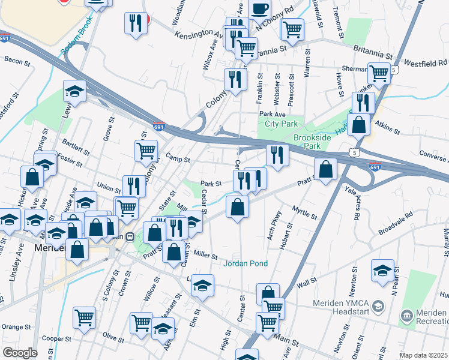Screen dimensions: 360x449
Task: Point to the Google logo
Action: tap(19, 353)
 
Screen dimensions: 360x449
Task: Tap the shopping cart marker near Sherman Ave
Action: tap(379, 73)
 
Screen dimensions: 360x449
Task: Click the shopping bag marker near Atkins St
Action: tap(359, 125)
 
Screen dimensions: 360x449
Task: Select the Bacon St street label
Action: tap(17, 60)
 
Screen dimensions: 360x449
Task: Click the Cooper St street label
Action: tap(57, 338)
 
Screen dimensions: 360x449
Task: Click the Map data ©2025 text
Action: tap(423, 355)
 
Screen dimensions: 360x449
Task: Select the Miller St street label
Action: tap(204, 256)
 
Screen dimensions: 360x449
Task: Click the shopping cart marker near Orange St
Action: tap(84, 317)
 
